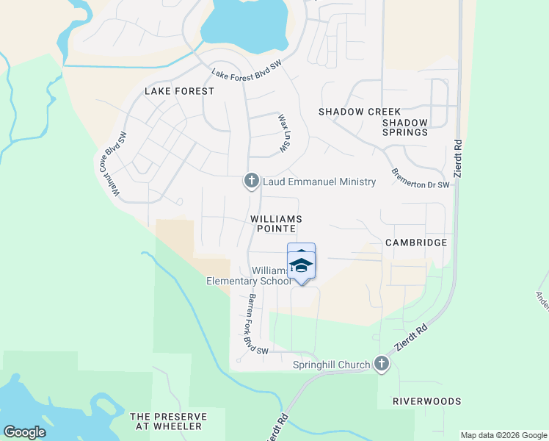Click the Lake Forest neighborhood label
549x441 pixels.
(179, 91)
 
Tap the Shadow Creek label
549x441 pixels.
(349, 112)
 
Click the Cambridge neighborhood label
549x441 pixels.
(415, 242)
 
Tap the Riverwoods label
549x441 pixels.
(426, 401)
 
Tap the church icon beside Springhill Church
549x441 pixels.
(381, 364)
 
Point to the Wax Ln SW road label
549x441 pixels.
(282, 133)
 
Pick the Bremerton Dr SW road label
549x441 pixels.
(420, 179)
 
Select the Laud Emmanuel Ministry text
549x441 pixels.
(319, 182)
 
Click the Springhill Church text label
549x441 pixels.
(332, 365)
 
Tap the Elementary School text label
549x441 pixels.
(248, 281)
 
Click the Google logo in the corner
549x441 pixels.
(24, 432)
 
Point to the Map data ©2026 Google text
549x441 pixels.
(503, 435)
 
